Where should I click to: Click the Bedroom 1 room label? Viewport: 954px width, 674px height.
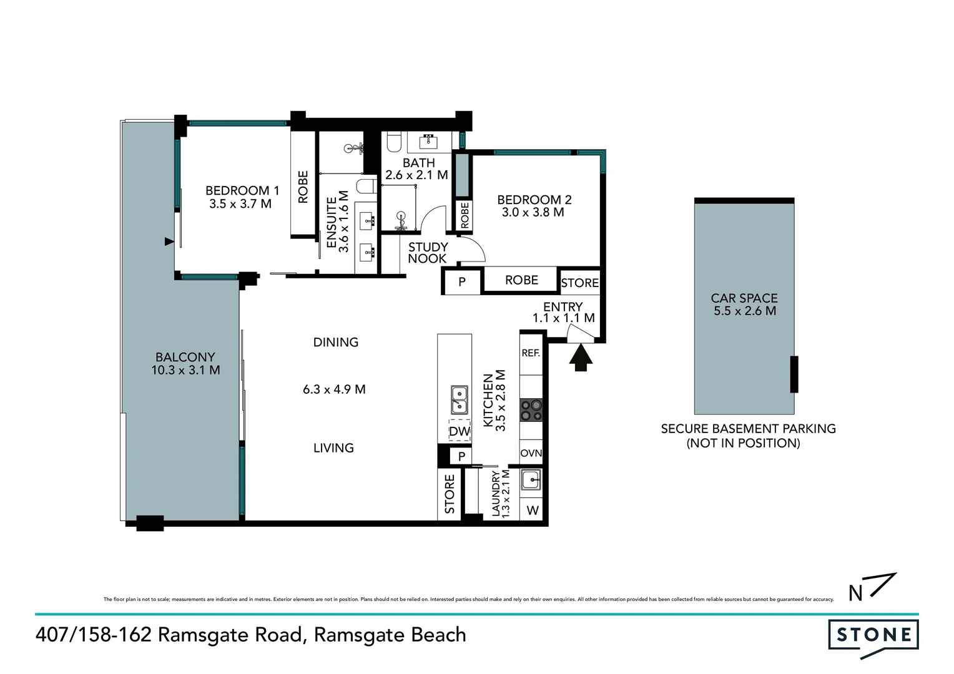click(x=242, y=190)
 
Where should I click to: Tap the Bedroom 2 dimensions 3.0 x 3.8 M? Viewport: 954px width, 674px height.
click(x=533, y=213)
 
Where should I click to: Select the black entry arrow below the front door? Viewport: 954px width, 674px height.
click(x=581, y=359)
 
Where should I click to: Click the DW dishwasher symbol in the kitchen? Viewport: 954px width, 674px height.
click(x=460, y=431)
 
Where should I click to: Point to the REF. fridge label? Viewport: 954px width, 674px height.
click(x=531, y=353)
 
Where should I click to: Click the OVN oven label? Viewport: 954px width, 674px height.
click(x=531, y=453)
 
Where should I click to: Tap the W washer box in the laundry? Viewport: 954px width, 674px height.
click(x=533, y=510)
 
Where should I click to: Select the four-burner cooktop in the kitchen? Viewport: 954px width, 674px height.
click(x=531, y=410)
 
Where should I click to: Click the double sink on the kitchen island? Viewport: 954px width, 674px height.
click(x=460, y=400)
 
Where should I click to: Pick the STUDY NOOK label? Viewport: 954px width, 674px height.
click(x=428, y=253)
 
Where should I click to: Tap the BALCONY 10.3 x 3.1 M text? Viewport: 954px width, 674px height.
click(x=185, y=364)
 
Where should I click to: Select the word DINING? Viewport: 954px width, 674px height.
click(x=336, y=342)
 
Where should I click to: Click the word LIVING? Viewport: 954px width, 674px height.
click(x=333, y=448)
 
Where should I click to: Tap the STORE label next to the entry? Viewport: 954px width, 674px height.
click(x=579, y=283)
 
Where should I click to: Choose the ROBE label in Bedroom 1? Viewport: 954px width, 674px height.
click(x=303, y=187)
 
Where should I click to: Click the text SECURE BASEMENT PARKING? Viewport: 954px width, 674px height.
click(x=748, y=429)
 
